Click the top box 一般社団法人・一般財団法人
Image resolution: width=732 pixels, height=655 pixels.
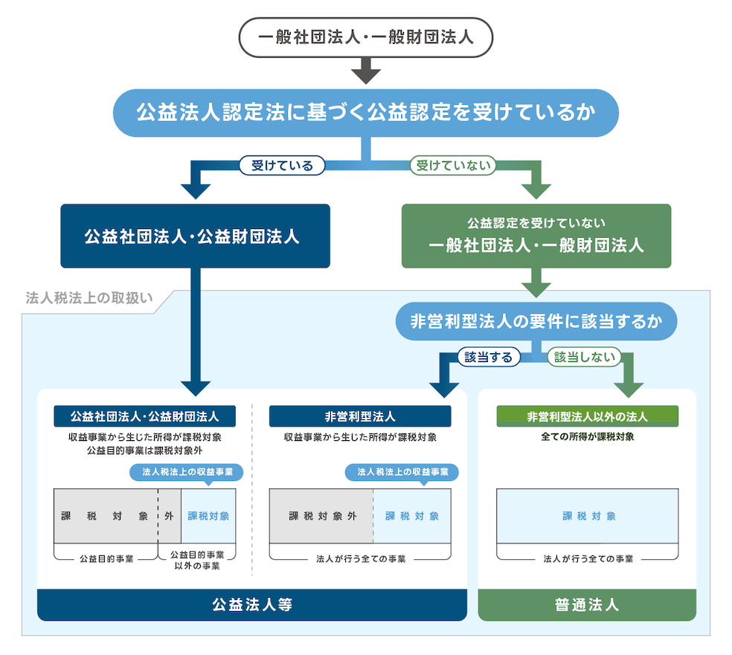(365, 37)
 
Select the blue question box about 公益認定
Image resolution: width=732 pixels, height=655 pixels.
(365, 113)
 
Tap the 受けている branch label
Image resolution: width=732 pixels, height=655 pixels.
(282, 165)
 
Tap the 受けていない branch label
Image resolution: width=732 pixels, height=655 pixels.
(453, 165)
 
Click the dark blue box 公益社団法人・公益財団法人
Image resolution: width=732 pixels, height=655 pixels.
(195, 236)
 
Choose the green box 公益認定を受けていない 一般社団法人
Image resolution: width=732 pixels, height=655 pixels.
(536, 236)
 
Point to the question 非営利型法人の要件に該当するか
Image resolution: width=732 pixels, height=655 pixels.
(536, 321)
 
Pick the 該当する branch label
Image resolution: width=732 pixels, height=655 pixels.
(488, 357)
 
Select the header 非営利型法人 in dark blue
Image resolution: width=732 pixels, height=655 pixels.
(360, 416)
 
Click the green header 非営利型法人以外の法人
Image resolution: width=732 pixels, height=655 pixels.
(587, 416)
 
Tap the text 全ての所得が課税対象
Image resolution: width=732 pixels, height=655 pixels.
(587, 436)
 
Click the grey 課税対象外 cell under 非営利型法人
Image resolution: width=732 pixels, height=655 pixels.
(321, 516)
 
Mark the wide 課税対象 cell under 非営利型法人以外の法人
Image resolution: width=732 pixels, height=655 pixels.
(587, 516)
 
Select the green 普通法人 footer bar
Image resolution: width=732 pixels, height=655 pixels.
(587, 604)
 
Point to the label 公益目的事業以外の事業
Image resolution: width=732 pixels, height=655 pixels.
(196, 561)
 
